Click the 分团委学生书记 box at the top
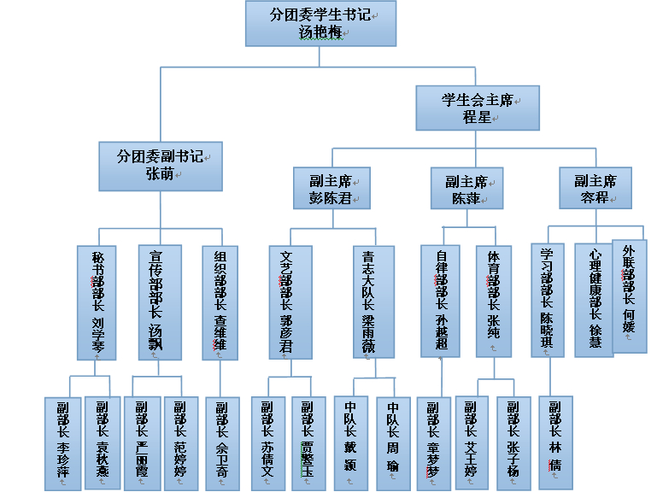[x=320, y=24]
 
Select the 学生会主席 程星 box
[x=478, y=108]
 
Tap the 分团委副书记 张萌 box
[x=161, y=166]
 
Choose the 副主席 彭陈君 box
[x=329, y=189]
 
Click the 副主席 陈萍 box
[x=466, y=189]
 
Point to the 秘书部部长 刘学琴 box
[x=97, y=302]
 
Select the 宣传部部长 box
[x=160, y=302]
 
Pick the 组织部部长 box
[x=224, y=302]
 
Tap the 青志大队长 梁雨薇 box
[x=373, y=302]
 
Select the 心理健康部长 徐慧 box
[x=594, y=299]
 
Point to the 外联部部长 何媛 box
[x=630, y=295]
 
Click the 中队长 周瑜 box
[x=394, y=442]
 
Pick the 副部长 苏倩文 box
[x=269, y=442]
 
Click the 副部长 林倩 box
[x=555, y=442]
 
